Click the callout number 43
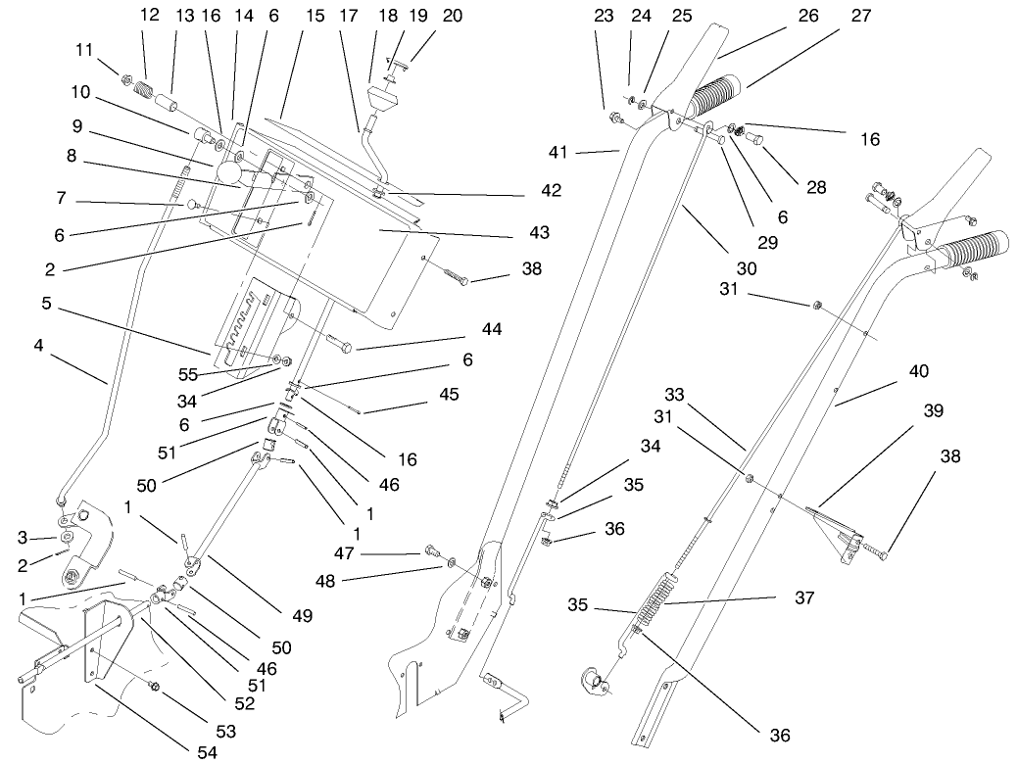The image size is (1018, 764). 538,233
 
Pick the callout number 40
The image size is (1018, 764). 918,371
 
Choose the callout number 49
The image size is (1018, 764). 302,615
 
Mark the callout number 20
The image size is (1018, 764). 424,16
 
